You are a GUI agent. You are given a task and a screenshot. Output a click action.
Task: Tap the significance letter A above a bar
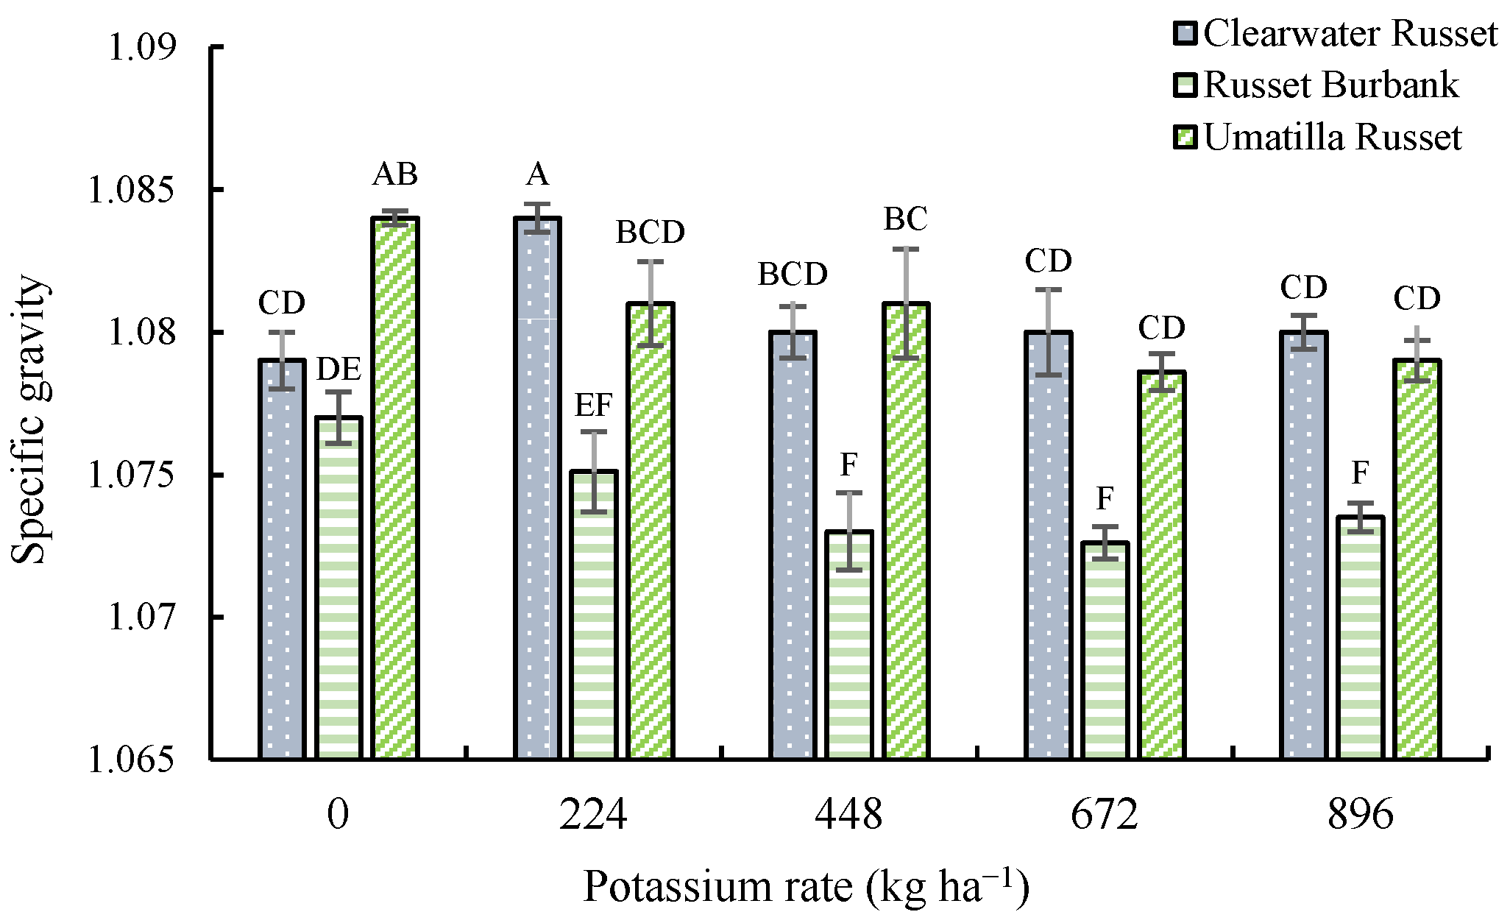point(537,175)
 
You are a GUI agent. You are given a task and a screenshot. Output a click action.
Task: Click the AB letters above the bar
point(394,175)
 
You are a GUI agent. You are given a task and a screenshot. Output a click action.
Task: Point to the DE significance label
point(338,370)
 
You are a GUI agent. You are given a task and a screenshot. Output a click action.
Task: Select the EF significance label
point(593,406)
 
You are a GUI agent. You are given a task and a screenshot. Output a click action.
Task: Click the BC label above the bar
point(905,219)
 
